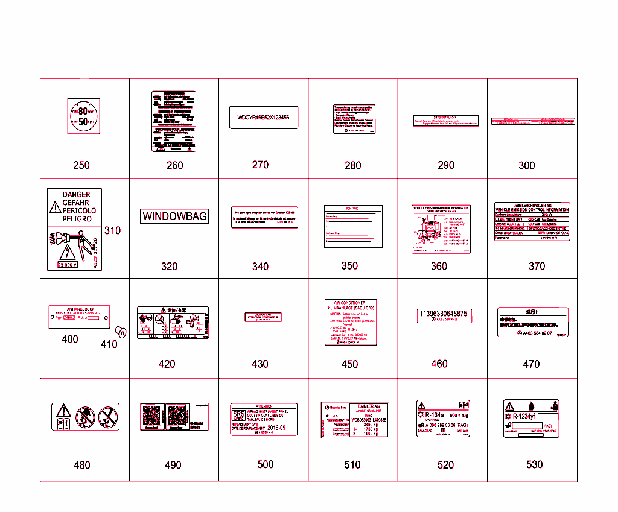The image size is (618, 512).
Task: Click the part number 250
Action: [x=81, y=165]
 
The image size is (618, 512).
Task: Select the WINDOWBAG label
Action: [x=174, y=216]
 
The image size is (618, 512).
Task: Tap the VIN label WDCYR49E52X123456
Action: [x=263, y=118]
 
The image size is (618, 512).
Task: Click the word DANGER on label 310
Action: [x=77, y=195]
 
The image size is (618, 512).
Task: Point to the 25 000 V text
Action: [x=68, y=264]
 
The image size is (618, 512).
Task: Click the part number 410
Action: [x=109, y=344]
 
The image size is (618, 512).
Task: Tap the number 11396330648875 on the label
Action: [x=442, y=314]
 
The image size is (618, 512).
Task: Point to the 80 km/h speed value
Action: [x=83, y=111]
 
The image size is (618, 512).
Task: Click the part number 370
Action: [x=537, y=266]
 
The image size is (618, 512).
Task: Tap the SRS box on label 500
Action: [x=239, y=415]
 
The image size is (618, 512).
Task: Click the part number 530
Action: [x=534, y=464]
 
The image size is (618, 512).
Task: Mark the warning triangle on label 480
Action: [x=63, y=411]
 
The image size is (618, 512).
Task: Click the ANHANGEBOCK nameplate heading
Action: [x=79, y=309]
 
